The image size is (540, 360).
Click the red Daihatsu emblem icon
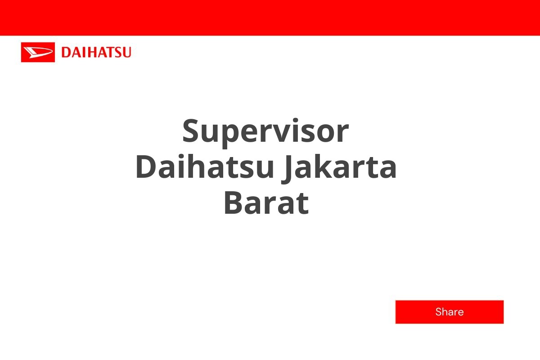pos(38,52)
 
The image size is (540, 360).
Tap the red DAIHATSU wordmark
pos(96,53)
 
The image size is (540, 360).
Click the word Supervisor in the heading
pos(265,131)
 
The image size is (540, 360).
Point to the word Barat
pos(266,203)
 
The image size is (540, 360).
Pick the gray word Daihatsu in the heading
pos(205,167)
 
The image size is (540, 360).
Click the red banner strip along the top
pos(270,17)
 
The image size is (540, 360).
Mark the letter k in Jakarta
pos(328,167)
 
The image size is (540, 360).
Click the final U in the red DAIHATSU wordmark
pos(126,53)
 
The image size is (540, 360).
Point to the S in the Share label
pos(438,312)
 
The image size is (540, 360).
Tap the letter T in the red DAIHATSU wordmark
pos(108,53)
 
